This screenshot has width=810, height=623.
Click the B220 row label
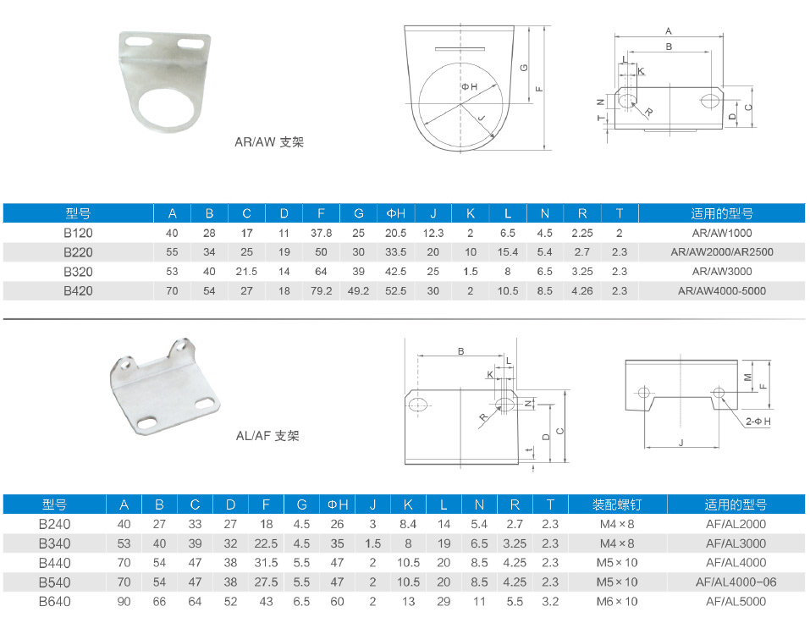[x=78, y=252]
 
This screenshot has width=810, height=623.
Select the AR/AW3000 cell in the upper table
[x=722, y=271]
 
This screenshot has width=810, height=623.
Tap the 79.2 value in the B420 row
[x=321, y=291]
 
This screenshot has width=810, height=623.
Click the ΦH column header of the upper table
[x=396, y=213]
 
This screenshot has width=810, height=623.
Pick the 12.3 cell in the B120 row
[x=433, y=233]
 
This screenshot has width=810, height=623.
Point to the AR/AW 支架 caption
[x=269, y=142]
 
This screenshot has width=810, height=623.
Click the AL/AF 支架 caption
[x=267, y=436]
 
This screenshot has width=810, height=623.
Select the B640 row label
[x=54, y=601]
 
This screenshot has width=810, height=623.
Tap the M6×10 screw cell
[x=617, y=601]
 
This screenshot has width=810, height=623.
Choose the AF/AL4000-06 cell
[x=736, y=582]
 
